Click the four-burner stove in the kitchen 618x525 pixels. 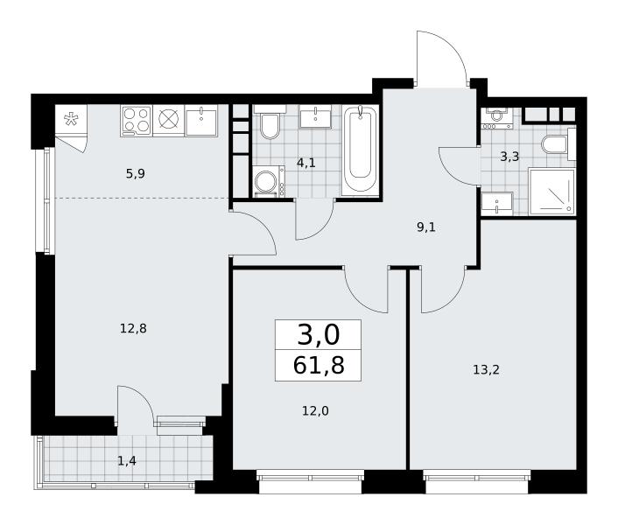[x=136, y=121]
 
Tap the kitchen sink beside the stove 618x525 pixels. [x=201, y=121]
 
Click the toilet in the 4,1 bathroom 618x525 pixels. [x=270, y=122]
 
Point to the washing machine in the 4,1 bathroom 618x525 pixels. [x=269, y=181]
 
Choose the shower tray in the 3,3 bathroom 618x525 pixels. [x=552, y=192]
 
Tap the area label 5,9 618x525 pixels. [x=136, y=173]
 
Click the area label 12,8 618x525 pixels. [x=133, y=328]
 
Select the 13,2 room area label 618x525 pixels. [x=486, y=370]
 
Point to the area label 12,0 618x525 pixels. [x=315, y=411]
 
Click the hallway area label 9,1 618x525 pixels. [x=426, y=227]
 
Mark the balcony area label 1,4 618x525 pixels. [x=127, y=460]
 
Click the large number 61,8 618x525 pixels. [x=319, y=365]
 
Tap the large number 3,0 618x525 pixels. [x=318, y=335]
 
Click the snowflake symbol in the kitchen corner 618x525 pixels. [x=71, y=118]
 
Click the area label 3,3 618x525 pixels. [x=509, y=157]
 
